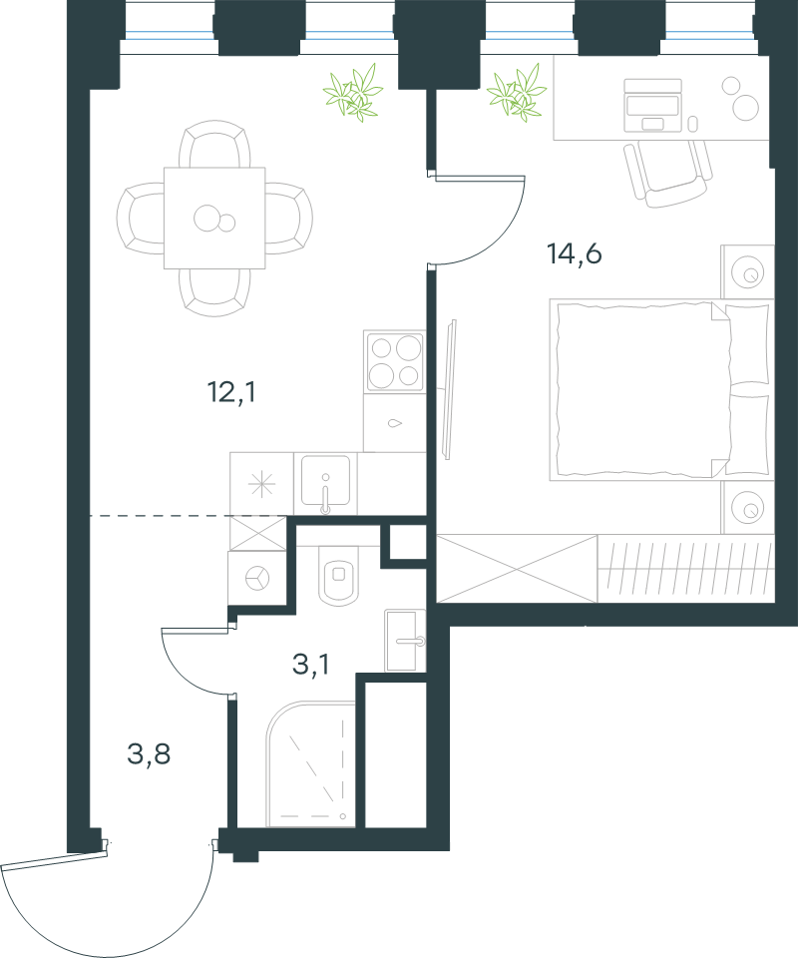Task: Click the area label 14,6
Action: click(575, 253)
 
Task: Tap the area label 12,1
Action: click(232, 391)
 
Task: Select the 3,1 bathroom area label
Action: click(311, 665)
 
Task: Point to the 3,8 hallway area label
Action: click(149, 754)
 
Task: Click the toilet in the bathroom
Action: click(339, 575)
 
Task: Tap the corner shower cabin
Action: click(311, 764)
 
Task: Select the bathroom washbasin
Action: click(405, 641)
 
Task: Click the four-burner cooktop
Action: click(394, 361)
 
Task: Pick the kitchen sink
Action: click(325, 483)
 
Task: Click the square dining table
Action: click(214, 219)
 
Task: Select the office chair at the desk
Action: click(668, 174)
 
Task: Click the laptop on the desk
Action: click(652, 105)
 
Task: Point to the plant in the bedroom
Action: click(517, 93)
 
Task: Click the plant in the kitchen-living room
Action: click(353, 93)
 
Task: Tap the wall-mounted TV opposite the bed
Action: click(450, 390)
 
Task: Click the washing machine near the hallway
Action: click(257, 578)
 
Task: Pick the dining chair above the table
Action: click(214, 144)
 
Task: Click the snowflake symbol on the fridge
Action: click(262, 484)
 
